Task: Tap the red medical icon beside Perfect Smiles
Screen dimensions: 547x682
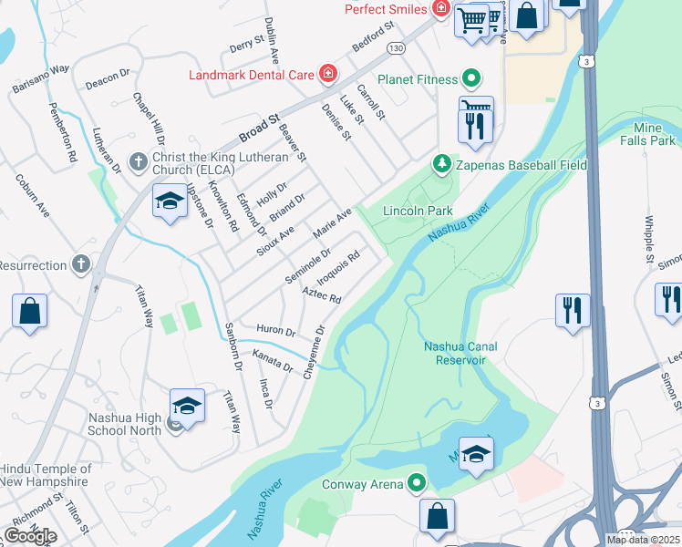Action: (441, 9)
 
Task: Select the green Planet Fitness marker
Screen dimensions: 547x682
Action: (471, 79)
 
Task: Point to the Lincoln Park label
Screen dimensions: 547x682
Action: (418, 211)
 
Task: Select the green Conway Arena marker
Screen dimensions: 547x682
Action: (417, 482)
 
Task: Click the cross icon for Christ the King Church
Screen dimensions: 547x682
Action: (138, 161)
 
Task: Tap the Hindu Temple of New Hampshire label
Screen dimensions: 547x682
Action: (44, 474)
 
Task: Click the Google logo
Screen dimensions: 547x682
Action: (30, 536)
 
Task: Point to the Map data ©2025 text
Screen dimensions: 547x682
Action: (643, 540)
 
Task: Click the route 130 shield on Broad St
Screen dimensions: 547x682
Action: (395, 46)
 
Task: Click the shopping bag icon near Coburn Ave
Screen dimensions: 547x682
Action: (29, 311)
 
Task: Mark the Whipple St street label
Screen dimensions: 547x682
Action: (649, 237)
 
